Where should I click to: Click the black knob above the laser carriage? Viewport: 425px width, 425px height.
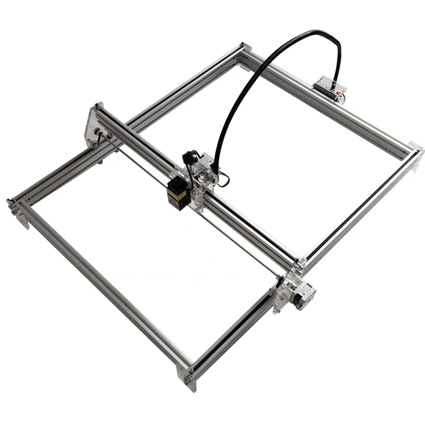click(x=189, y=157)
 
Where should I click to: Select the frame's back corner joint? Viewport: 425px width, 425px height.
click(x=244, y=53)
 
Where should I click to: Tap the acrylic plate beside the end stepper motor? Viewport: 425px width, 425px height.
click(x=283, y=292)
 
